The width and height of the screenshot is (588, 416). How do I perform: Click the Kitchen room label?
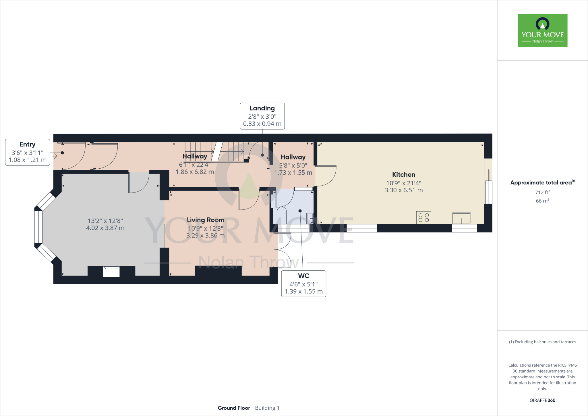point(403,175)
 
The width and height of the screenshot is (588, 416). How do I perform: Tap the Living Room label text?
point(205,220)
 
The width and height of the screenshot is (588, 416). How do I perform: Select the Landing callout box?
point(262,116)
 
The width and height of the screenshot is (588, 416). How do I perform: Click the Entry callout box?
point(28,152)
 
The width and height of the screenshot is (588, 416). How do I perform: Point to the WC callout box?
point(303,284)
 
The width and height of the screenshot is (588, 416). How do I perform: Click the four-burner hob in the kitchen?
point(423,217)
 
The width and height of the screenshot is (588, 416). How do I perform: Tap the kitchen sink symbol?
point(461,218)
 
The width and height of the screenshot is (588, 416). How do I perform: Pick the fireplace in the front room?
point(111,271)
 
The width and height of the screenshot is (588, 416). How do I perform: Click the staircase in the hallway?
point(215,152)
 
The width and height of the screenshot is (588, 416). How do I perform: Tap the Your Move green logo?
point(542,30)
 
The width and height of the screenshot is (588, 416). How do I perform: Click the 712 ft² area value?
point(542,192)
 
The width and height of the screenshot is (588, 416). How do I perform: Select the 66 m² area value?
point(542,201)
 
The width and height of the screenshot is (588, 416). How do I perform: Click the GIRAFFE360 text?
point(542,400)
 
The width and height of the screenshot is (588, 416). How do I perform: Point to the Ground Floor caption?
point(234,408)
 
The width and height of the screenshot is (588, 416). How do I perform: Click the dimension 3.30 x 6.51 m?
point(403,190)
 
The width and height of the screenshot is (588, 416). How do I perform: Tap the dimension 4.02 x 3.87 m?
point(105,228)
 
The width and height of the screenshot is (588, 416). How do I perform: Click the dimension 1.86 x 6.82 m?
point(195,172)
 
